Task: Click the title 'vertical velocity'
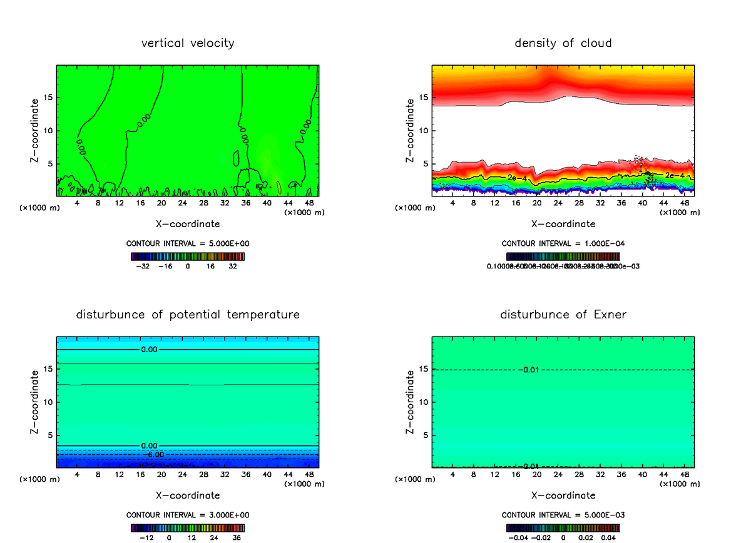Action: coord(188,43)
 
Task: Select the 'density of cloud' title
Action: coord(563,43)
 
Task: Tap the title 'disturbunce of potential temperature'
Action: coord(188,314)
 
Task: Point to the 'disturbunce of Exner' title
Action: coord(563,314)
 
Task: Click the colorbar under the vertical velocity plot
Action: coord(188,256)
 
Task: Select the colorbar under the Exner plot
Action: coord(563,527)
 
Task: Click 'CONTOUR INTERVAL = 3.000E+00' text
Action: coord(188,515)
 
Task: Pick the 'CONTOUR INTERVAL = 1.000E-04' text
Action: coord(563,243)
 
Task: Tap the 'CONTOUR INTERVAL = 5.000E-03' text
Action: coord(563,515)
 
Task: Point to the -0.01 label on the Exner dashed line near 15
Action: coord(529,370)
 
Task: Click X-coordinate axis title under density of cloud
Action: coord(563,223)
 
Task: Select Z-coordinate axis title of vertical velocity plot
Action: coord(35,130)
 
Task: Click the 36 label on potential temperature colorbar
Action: coord(237,537)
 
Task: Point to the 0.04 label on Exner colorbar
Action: coord(610,537)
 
